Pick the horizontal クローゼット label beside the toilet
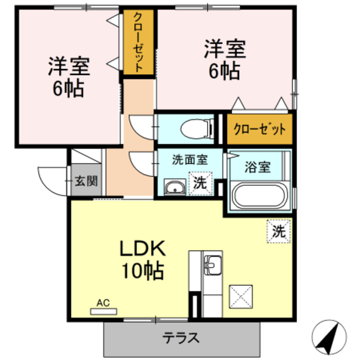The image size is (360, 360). [259, 128]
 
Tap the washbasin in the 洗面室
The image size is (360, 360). [175, 187]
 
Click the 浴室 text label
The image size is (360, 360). [258, 167]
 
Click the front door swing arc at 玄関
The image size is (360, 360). [52, 180]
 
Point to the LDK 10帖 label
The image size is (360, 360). [141, 260]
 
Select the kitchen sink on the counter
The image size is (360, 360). [214, 263]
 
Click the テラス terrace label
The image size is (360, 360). [181, 338]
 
